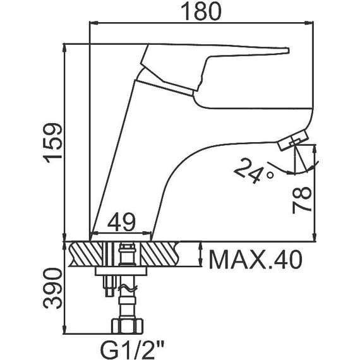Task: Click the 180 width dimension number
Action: point(201,11)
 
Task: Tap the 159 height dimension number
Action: point(53,143)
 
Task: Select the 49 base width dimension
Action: point(121,222)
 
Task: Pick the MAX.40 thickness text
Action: point(255,259)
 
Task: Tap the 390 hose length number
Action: point(53,289)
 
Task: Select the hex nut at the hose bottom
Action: point(127,326)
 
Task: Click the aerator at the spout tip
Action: point(292,140)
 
